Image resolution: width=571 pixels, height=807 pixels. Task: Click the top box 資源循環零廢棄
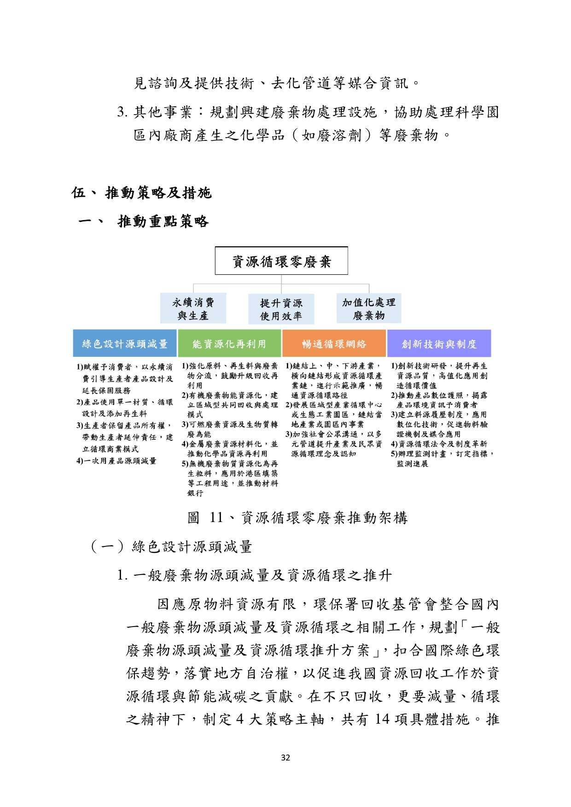point(281,261)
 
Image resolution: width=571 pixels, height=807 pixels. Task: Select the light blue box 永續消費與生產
point(193,308)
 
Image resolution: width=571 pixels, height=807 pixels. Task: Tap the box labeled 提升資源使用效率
point(281,309)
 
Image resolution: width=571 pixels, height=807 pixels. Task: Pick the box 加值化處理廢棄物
point(368,308)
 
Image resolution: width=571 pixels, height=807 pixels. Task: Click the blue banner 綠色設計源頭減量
point(124,343)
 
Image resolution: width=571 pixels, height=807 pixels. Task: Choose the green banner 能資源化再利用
point(229,343)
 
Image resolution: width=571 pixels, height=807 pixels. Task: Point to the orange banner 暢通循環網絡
point(334,343)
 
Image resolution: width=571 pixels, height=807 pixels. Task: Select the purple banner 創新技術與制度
point(438,343)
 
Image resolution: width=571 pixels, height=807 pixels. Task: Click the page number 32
point(285,758)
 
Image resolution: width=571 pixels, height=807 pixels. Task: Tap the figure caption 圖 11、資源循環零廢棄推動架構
point(297,518)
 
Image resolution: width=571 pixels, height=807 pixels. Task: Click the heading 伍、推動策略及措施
point(141,192)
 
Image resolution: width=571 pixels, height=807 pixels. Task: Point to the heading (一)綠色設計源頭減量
point(171,547)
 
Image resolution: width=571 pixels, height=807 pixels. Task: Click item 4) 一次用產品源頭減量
point(117,461)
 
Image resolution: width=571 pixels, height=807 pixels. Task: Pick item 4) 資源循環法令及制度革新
point(439,444)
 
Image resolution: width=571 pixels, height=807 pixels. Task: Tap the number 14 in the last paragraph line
point(383,719)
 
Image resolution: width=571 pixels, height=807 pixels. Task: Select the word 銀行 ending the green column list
point(195,493)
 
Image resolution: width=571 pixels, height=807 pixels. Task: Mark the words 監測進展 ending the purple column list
point(412,464)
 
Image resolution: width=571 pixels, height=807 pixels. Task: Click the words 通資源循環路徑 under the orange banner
point(319,395)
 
